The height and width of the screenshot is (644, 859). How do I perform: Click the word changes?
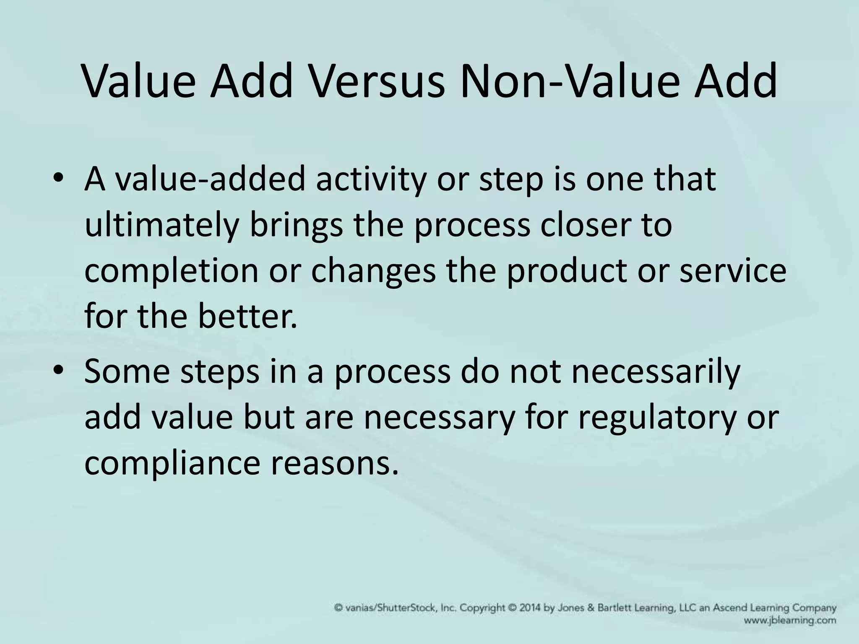[x=373, y=271]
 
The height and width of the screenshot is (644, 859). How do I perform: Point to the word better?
[x=247, y=316]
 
